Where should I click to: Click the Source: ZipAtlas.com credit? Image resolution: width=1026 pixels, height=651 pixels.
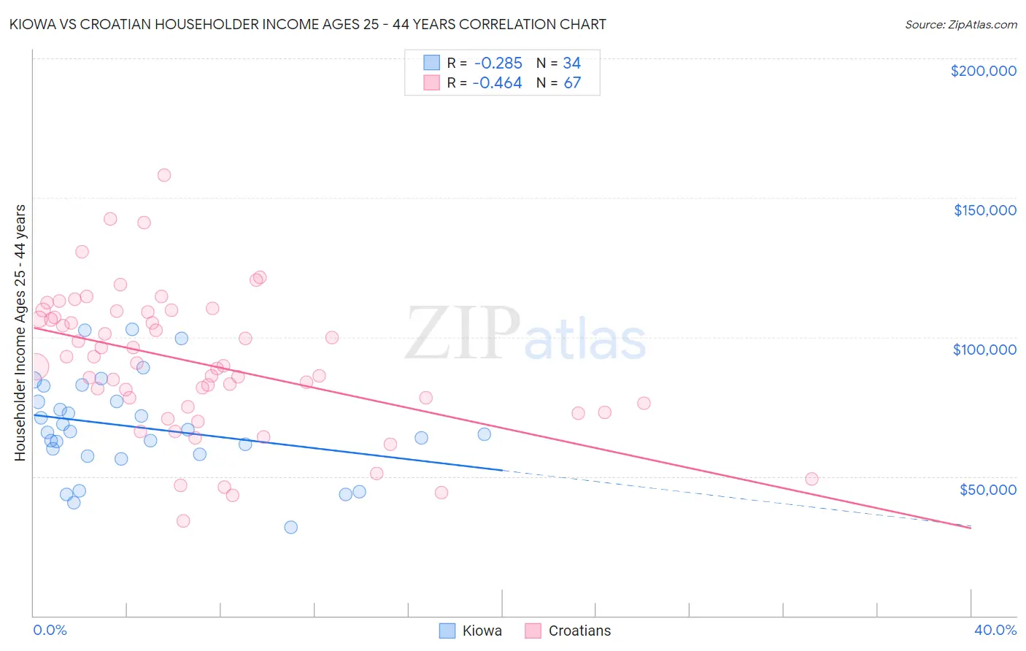[960, 24]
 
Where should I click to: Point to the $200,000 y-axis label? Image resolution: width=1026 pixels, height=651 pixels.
[983, 71]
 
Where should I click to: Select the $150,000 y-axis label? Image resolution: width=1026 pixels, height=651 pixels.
[984, 210]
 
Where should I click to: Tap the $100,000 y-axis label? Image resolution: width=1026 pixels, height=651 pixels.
[984, 350]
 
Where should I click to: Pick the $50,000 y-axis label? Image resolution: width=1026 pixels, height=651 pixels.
[987, 489]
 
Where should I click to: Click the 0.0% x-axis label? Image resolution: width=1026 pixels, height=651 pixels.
[50, 630]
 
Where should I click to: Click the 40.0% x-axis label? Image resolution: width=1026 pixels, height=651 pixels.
[995, 630]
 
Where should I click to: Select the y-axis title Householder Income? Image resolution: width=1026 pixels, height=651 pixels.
[20, 332]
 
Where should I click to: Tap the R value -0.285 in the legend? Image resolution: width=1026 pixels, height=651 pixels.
[497, 63]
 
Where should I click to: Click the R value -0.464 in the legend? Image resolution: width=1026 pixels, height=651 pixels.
[497, 83]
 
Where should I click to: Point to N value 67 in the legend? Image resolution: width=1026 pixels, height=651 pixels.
[572, 83]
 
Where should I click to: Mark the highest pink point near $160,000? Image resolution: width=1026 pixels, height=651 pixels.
[164, 175]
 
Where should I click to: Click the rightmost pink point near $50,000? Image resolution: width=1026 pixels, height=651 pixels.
[811, 479]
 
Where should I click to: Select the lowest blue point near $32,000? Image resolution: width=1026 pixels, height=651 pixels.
[291, 527]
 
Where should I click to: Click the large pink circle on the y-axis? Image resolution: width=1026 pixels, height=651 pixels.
[34, 366]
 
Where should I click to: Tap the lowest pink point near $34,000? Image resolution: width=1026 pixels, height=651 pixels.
[183, 521]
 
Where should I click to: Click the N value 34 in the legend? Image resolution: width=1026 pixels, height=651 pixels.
[571, 63]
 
